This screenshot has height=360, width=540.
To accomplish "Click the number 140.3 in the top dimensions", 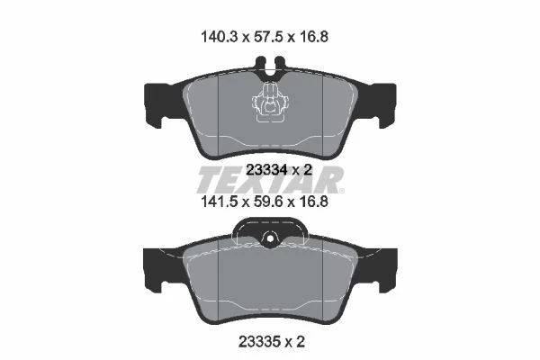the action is point(219,37).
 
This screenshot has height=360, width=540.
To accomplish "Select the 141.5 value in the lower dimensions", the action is point(219,202).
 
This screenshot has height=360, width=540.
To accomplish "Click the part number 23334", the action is point(267,169).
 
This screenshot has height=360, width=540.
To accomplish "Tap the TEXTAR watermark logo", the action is point(270,179).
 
